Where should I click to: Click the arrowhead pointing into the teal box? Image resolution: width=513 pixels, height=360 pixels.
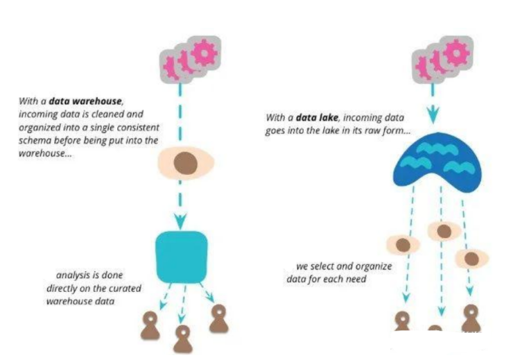point(180,223)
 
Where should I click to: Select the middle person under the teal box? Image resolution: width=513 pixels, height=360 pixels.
point(183,338)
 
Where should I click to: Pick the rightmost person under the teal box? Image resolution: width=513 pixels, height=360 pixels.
point(218,318)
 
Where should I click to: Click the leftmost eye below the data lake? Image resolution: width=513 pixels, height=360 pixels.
point(402,244)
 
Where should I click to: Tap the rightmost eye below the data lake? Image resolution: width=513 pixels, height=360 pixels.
point(472,258)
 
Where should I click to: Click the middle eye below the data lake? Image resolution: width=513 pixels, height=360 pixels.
point(444,231)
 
